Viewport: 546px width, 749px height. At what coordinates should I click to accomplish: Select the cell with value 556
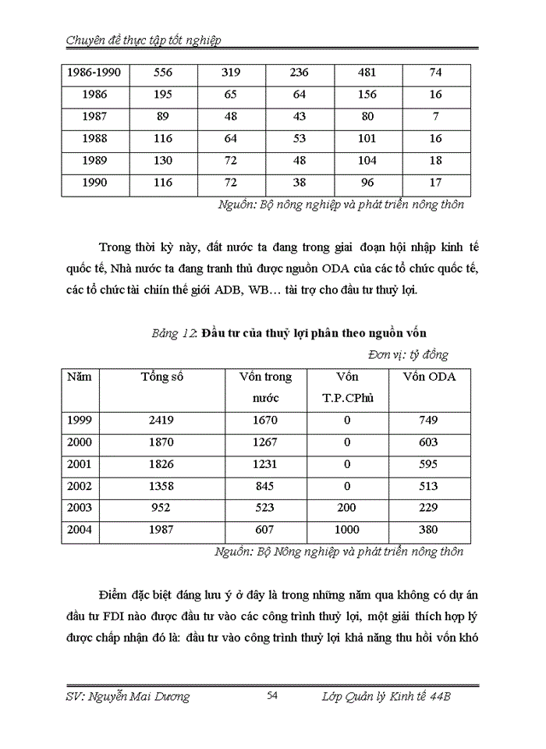click(x=163, y=73)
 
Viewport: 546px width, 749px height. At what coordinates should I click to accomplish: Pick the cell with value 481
click(x=367, y=73)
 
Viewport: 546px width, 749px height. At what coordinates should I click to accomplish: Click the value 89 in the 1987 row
click(x=163, y=116)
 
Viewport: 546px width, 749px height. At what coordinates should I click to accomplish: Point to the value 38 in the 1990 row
click(x=299, y=183)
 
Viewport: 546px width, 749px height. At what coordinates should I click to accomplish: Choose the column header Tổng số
click(x=162, y=377)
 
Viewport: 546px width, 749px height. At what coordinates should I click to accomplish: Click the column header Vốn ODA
click(x=428, y=377)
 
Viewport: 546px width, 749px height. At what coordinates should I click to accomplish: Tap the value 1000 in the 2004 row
click(x=347, y=530)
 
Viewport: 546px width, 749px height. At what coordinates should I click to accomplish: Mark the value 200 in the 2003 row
click(x=347, y=508)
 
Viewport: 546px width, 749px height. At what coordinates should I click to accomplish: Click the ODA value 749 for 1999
click(x=428, y=420)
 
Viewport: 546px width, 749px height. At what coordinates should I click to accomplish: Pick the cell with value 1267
click(x=265, y=442)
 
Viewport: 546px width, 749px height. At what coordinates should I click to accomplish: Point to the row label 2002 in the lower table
click(x=80, y=486)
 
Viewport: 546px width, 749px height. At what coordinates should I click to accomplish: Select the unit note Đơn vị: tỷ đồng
click(x=418, y=354)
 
